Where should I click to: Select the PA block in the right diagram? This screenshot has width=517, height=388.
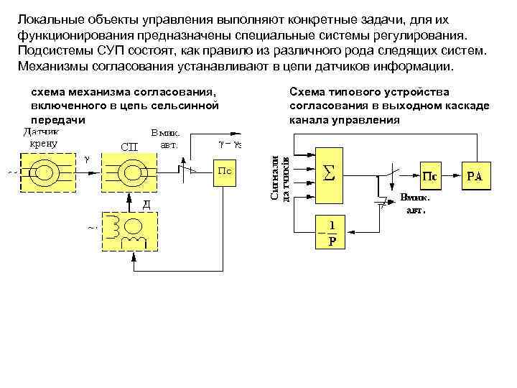[x=475, y=175]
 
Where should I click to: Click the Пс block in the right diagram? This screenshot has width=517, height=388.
[x=429, y=175]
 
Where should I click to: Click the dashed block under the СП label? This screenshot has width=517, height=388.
[x=131, y=173]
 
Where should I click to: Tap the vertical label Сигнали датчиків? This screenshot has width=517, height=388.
[x=281, y=176]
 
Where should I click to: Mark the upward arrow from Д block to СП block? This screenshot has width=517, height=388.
[x=131, y=203]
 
